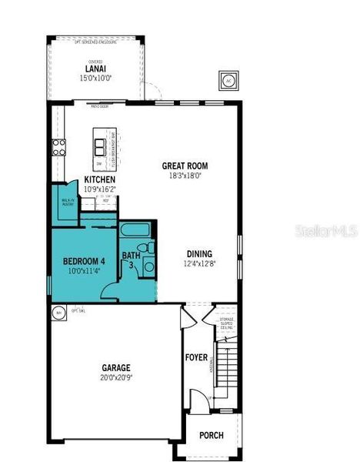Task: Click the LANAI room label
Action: coord(95,69)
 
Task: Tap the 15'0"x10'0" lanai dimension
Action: coord(95,78)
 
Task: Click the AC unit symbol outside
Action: coord(228,80)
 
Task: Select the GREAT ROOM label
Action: coord(185,166)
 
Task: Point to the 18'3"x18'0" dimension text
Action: coord(185,175)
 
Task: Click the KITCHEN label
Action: coord(100,179)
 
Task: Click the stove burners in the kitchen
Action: coord(58,147)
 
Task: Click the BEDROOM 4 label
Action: coord(84,261)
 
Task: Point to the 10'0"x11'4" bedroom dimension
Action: coord(84,270)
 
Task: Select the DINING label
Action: coord(199,254)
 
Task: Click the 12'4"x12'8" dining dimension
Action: coord(199,263)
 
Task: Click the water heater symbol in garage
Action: coord(58,313)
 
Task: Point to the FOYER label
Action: coord(195,358)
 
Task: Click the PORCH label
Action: coord(212,435)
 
